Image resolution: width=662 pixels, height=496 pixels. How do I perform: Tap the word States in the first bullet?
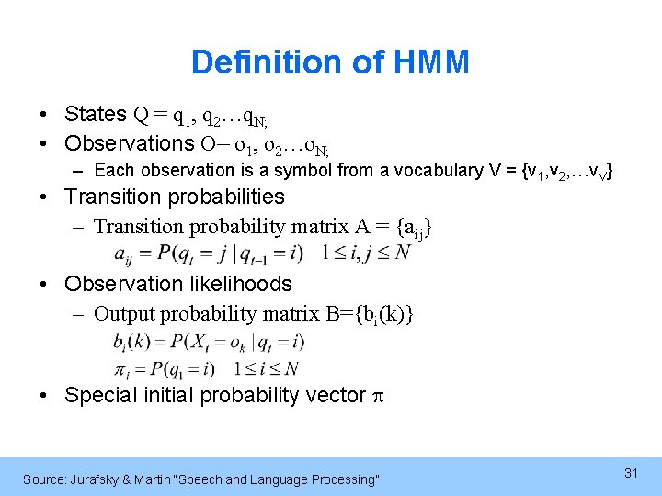pyautogui.click(x=96, y=114)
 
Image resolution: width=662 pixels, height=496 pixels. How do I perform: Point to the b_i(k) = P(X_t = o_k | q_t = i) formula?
pyautogui.click(x=209, y=342)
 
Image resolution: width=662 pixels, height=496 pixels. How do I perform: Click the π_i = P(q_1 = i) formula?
pyautogui.click(x=165, y=368)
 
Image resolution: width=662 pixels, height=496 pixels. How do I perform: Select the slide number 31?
pyautogui.click(x=631, y=473)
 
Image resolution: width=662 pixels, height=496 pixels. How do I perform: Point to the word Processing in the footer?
pyautogui.click(x=344, y=479)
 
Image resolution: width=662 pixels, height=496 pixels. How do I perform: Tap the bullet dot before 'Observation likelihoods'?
pyautogui.click(x=44, y=285)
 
